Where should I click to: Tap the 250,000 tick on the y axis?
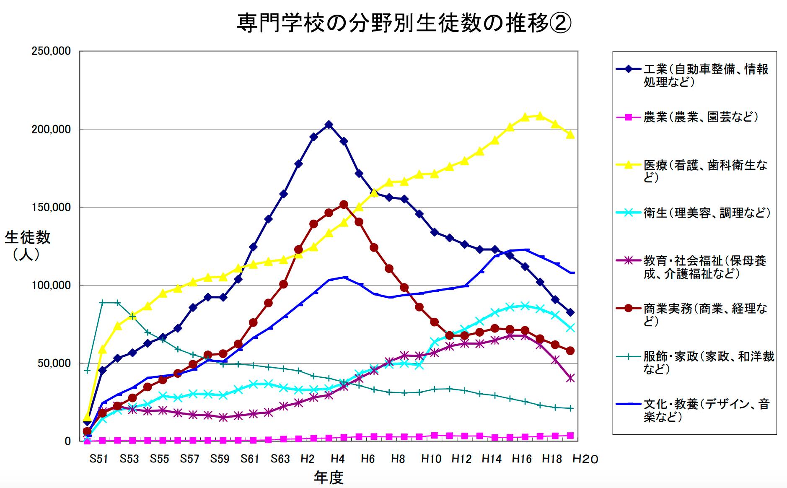pos(51,51)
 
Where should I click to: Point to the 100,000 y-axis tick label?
pos(51,285)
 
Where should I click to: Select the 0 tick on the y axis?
pos(67,441)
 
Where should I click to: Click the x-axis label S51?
pos(99,459)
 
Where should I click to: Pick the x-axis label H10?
pos(431,459)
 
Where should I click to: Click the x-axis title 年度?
pos(329,477)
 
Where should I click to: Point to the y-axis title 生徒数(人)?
pos(27,245)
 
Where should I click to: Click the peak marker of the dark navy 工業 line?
pos(329,125)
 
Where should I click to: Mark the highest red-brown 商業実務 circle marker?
pos(344,205)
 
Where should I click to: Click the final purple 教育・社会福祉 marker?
pos(570,378)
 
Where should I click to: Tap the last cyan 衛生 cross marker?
pos(570,328)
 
